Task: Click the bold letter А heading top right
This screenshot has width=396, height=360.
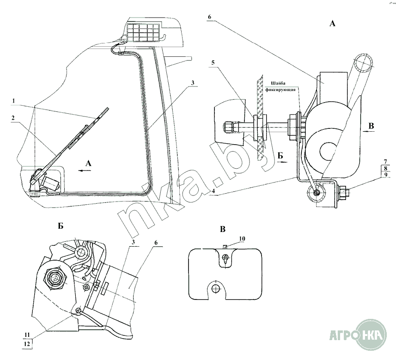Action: tap(332, 24)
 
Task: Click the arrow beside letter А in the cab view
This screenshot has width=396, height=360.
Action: tap(85, 170)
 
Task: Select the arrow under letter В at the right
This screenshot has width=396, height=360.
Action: tap(368, 131)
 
